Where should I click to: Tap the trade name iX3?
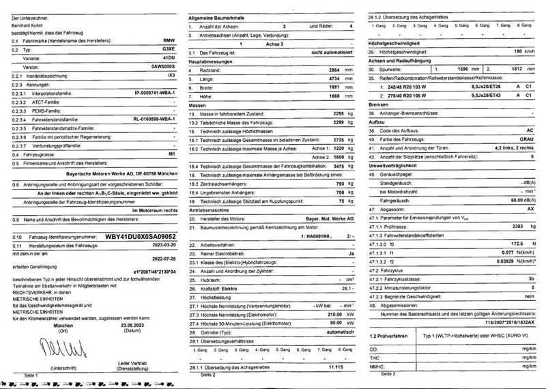(171, 76)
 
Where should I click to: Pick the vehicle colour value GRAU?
(519, 139)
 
